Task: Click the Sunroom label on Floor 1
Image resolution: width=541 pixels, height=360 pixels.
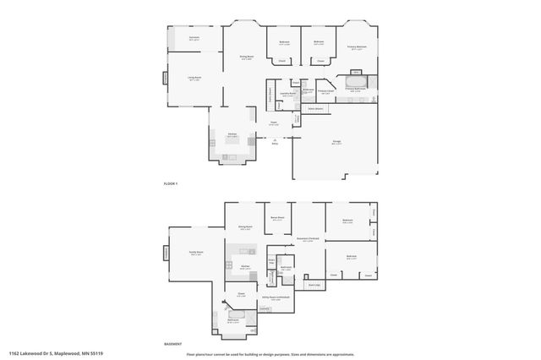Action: click(x=194, y=38)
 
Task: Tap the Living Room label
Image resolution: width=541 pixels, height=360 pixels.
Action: click(x=194, y=79)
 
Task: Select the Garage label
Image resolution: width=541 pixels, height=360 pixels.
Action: click(x=325, y=143)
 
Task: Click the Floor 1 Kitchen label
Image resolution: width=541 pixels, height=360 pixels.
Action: click(x=232, y=135)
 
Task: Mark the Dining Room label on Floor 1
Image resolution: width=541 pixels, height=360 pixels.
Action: click(x=248, y=57)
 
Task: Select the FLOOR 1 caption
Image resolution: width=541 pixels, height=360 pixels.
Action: click(x=171, y=183)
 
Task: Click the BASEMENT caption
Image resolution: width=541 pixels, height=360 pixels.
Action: click(x=172, y=345)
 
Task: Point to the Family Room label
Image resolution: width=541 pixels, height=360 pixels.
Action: click(x=195, y=253)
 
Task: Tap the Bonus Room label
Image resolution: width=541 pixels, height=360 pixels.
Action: click(x=277, y=218)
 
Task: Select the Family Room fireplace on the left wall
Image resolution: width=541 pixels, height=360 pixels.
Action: click(x=167, y=253)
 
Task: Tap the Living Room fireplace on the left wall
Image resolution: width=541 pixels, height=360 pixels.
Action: click(x=166, y=79)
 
